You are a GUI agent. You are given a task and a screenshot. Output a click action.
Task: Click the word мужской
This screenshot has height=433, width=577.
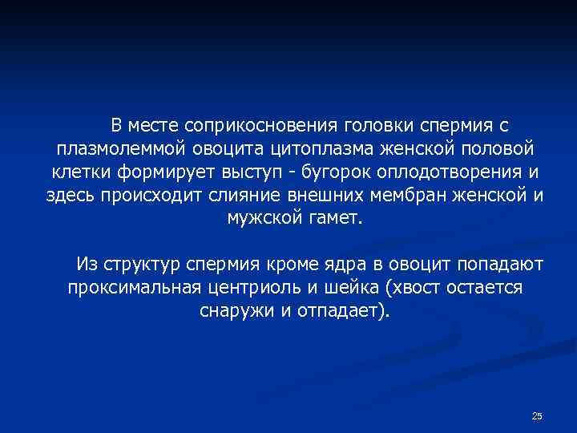(x=262, y=218)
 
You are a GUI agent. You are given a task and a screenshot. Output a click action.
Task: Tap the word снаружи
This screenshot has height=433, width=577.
(x=235, y=310)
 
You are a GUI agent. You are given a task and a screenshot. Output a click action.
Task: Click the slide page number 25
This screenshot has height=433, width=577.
(x=537, y=415)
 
